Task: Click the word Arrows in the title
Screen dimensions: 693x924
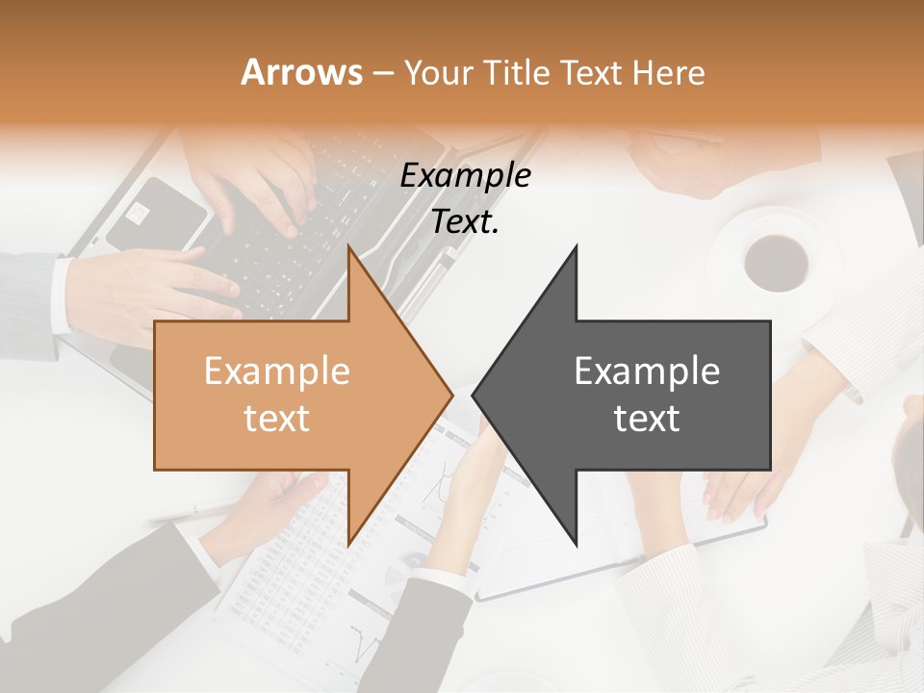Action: [301, 72]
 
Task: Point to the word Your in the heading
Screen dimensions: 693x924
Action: [438, 72]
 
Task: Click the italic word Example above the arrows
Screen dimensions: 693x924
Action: [466, 175]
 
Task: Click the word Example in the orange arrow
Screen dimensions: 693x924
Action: [276, 371]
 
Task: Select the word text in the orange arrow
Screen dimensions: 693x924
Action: [276, 418]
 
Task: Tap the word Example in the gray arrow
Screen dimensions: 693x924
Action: [647, 371]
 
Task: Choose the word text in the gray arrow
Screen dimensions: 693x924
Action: [647, 418]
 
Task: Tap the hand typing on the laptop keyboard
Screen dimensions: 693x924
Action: [260, 188]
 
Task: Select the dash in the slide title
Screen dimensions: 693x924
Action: [382, 73]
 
